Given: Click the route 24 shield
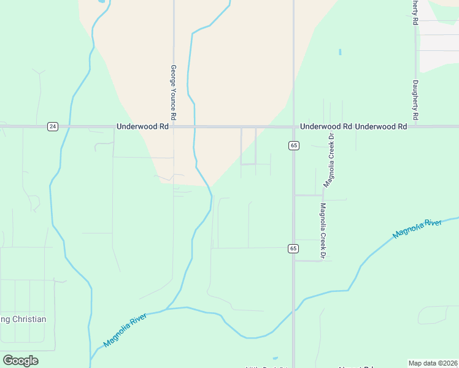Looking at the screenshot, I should click(52, 126).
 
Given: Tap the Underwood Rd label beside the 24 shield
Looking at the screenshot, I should click(142, 126).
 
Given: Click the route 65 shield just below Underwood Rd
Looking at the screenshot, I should click(293, 145).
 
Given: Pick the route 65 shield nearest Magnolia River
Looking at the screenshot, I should click(293, 248).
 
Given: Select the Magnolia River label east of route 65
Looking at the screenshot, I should click(417, 228).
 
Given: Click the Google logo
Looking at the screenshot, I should click(20, 361).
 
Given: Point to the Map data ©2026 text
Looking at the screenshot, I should click(433, 363).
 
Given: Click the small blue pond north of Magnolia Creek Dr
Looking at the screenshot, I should click(339, 52).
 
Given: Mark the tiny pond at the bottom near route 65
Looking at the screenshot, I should click(274, 358).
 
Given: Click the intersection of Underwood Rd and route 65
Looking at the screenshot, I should click(293, 127).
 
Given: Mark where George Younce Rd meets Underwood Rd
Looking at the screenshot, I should click(174, 127).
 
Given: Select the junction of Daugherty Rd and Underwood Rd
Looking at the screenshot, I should click(415, 127).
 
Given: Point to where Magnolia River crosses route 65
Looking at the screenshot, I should click(293, 311).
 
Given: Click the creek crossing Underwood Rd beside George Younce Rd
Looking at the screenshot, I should click(195, 127).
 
